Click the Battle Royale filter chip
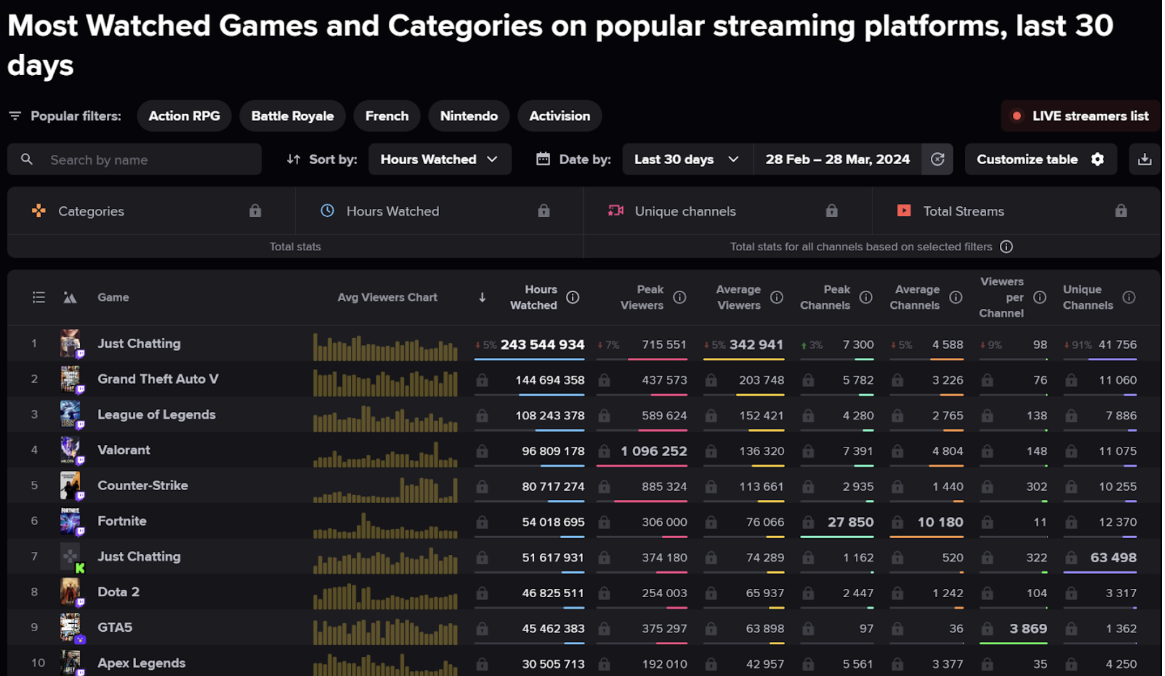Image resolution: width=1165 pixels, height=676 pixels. (x=292, y=116)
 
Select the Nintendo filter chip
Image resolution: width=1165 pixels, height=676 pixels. (x=468, y=116)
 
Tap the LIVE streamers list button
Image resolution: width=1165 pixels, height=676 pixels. (x=1081, y=116)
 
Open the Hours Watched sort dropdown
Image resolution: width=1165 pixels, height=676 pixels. (x=439, y=160)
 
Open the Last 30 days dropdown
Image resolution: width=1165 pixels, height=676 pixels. (x=686, y=160)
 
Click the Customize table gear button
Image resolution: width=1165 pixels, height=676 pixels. (x=1040, y=160)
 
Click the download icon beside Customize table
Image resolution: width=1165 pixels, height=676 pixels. (x=1144, y=160)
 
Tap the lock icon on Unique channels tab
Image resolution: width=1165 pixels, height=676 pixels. (x=832, y=211)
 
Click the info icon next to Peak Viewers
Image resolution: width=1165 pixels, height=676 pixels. (x=679, y=298)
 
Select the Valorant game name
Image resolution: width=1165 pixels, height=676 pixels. (x=124, y=450)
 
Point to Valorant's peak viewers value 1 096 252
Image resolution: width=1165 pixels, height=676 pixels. (x=653, y=451)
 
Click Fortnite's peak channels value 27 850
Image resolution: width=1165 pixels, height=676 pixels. (x=850, y=522)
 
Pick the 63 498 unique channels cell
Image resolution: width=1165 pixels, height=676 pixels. (x=1113, y=557)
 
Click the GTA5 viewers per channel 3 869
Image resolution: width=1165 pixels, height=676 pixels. (x=1028, y=628)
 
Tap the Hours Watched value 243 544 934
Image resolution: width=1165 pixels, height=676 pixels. (x=542, y=344)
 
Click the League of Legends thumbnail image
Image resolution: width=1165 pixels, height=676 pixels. (x=70, y=414)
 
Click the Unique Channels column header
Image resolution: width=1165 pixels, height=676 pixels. (x=1087, y=298)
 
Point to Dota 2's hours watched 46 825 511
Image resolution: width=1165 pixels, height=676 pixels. (x=553, y=593)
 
